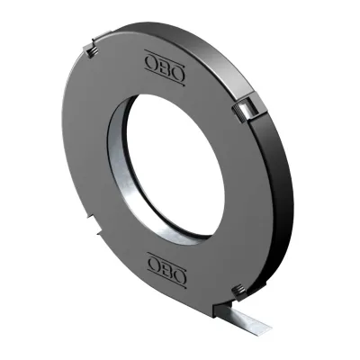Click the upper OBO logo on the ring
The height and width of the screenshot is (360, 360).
(x=165, y=67)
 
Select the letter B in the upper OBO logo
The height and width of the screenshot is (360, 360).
(x=165, y=67)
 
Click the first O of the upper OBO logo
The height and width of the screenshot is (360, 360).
(x=151, y=63)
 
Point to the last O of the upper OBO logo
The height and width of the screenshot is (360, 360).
(x=177, y=73)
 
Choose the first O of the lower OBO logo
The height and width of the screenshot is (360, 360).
(x=154, y=265)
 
